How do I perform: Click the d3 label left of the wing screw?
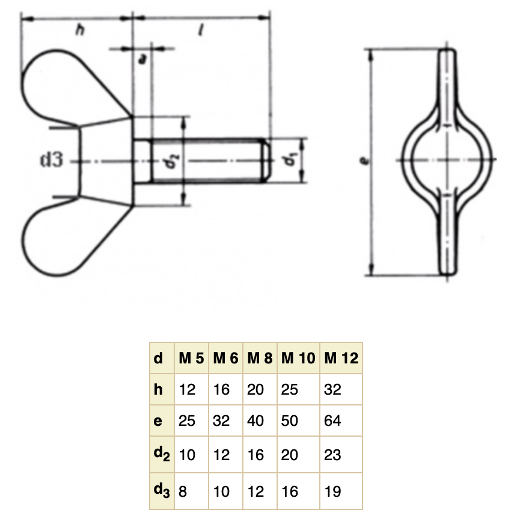tap(51, 159)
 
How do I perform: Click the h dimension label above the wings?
tap(80, 30)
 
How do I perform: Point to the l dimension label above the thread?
tap(201, 30)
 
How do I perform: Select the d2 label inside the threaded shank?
tap(173, 160)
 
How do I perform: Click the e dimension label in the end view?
tap(364, 161)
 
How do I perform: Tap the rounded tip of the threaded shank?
tap(265, 160)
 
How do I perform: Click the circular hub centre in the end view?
tap(447, 160)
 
